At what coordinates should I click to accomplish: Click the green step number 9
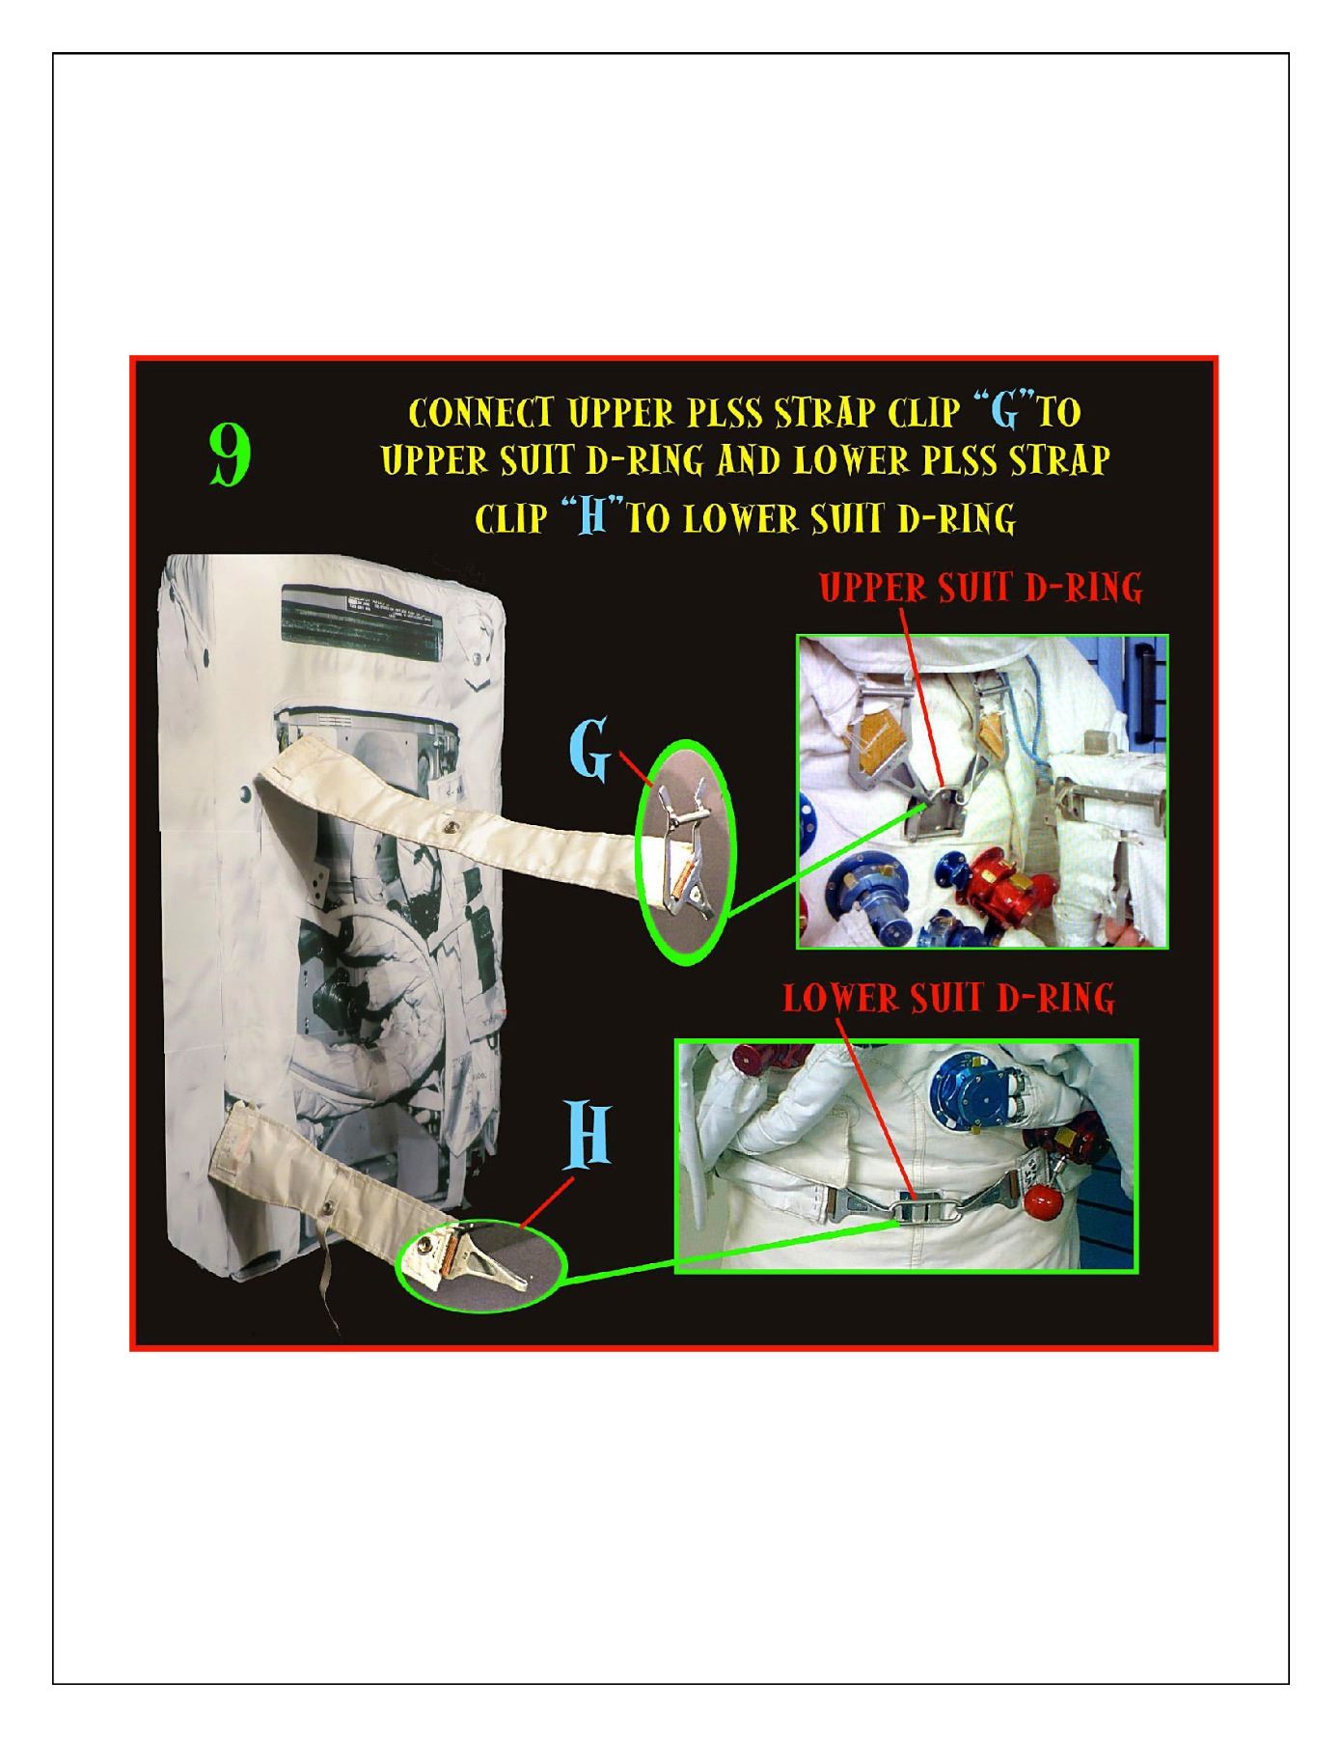click(231, 455)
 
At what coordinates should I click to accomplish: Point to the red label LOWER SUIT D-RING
click(949, 999)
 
